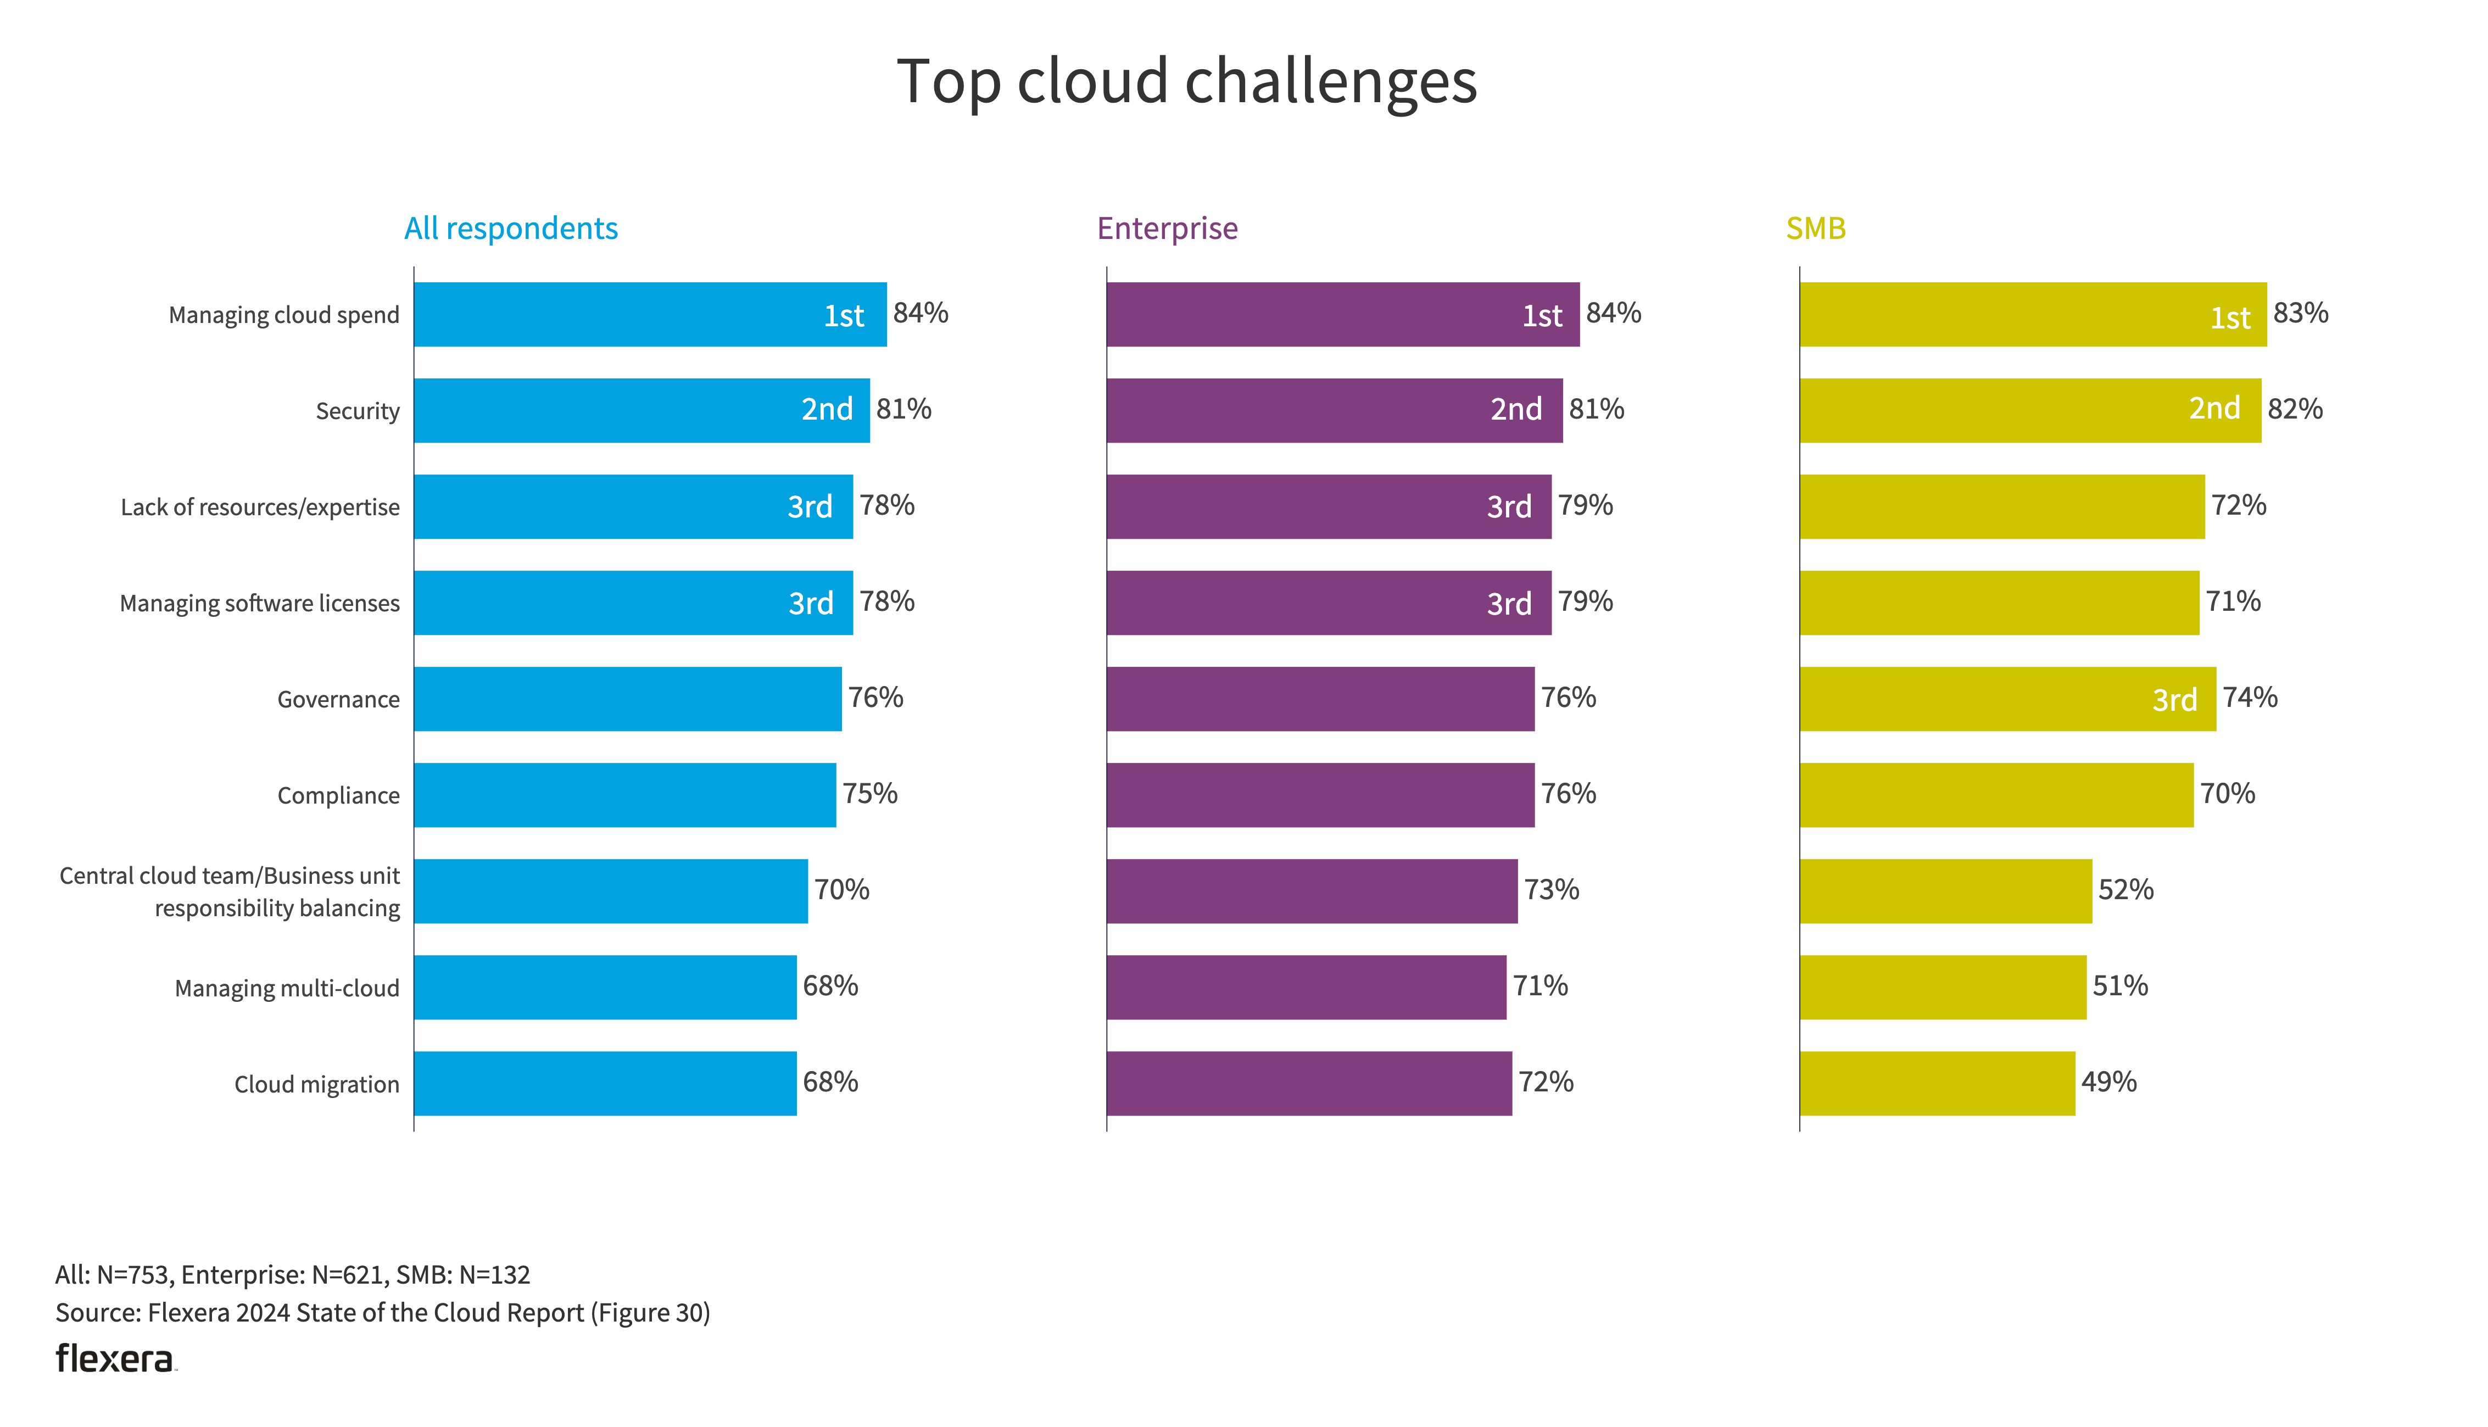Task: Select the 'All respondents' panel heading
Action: point(511,228)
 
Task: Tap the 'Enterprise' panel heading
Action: point(1167,228)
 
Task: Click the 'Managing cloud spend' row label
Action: point(283,315)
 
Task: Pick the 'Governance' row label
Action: point(338,699)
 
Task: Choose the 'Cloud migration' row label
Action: point(316,1084)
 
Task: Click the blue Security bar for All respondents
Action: point(607,411)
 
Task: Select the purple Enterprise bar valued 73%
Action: point(1311,891)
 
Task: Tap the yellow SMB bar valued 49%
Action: point(1937,1083)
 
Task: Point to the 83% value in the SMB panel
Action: point(2300,314)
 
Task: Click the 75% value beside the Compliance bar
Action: point(869,794)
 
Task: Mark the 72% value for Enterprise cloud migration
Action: point(1546,1082)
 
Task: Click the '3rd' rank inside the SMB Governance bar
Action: point(2173,700)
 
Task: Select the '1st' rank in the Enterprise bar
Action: point(1541,316)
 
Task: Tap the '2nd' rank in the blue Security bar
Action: point(827,410)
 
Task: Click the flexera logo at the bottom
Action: point(115,1358)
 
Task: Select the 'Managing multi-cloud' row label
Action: point(286,988)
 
